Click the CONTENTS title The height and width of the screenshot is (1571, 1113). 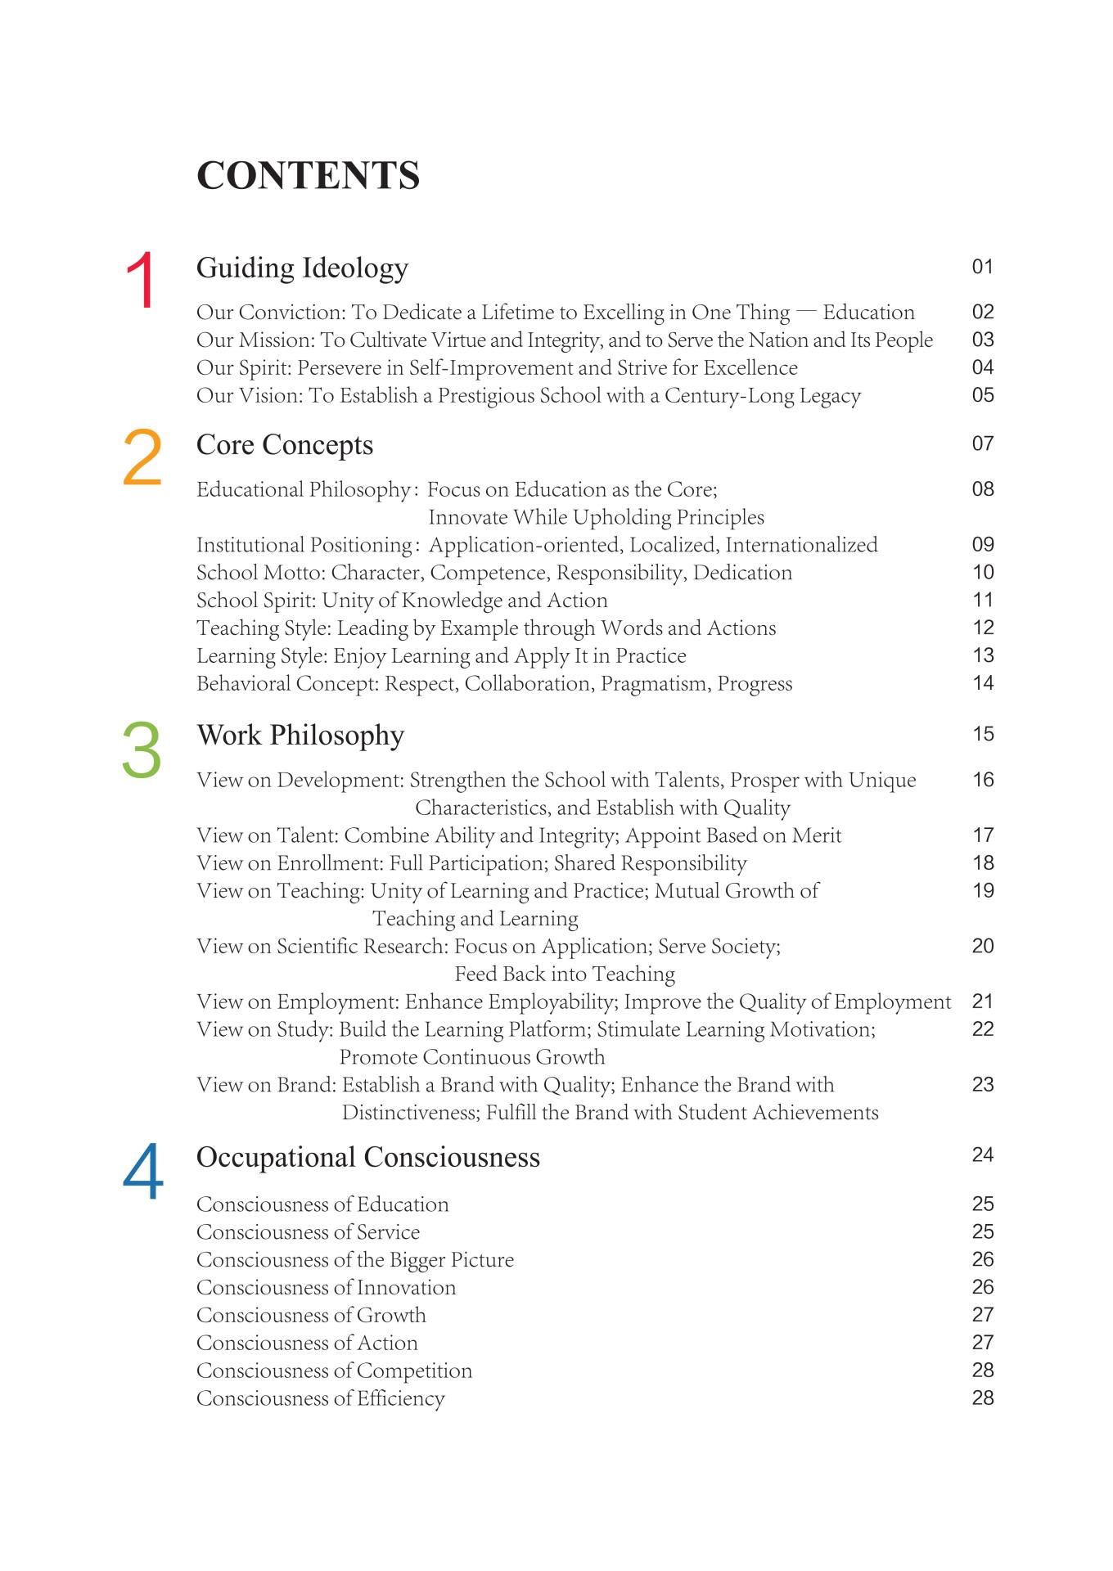pos(308,176)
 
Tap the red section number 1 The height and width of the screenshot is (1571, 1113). pos(142,281)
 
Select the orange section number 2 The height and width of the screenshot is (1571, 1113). pos(142,458)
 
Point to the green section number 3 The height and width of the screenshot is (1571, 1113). pos(142,749)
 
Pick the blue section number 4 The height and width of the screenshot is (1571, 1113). pos(143,1173)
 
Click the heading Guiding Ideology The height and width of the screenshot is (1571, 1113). pos(302,268)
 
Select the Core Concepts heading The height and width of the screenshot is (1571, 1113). pos(285,445)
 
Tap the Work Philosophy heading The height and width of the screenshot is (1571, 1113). pos(300,736)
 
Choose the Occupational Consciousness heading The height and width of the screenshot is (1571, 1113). pos(368,1158)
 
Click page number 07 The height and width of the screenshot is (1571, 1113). pos(983,444)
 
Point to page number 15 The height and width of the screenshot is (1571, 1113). pos(983,735)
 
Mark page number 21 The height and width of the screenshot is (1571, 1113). pos(983,1002)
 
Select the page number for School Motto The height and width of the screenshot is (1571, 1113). pos(983,573)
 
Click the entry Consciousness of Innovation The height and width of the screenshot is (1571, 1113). pos(326,1288)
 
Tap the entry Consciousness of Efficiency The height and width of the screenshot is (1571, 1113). pos(320,1398)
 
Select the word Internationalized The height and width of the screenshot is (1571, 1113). pos(801,545)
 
